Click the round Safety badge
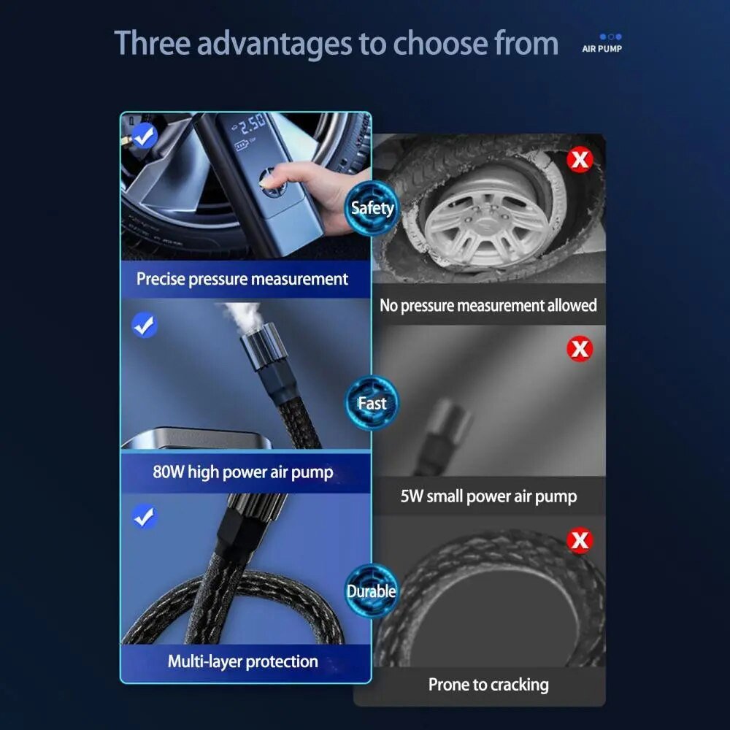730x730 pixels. tap(372, 207)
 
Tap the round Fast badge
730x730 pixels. tap(372, 403)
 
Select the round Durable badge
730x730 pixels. tap(372, 591)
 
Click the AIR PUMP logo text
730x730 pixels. tap(602, 48)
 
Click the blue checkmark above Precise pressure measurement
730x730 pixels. tap(145, 136)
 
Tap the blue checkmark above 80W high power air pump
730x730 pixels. tap(145, 325)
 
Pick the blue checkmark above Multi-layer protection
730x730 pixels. tap(145, 517)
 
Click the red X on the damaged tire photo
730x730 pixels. tap(580, 160)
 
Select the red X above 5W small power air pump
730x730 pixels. tap(580, 348)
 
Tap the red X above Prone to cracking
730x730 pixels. tap(580, 540)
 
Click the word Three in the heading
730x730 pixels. tap(153, 43)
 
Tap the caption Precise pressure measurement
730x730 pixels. tap(242, 279)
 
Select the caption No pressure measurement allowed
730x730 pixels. tap(488, 305)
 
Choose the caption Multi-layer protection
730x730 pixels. tap(243, 661)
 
